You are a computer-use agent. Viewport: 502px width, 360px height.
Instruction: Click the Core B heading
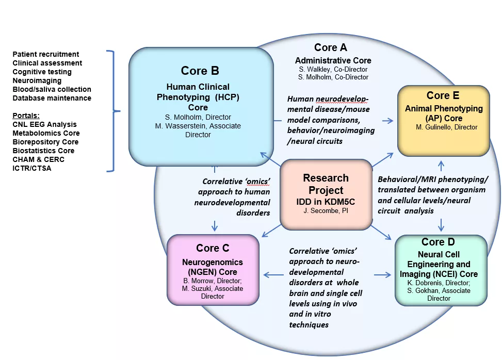(200, 70)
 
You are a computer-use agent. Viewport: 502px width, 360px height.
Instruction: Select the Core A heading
(330, 47)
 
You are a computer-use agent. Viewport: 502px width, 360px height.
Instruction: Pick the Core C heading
(213, 248)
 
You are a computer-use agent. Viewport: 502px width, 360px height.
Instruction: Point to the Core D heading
(440, 242)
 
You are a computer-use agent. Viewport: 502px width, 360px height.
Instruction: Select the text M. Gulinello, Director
(446, 127)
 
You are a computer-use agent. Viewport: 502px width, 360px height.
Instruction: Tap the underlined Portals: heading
(26, 116)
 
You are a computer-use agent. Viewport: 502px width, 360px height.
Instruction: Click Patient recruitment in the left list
(46, 54)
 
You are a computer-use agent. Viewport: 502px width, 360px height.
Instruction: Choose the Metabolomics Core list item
(46, 133)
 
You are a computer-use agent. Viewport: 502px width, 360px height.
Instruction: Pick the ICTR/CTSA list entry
(32, 168)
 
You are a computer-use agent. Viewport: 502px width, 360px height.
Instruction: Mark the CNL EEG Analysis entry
(44, 124)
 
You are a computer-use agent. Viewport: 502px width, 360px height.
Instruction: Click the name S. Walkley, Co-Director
(333, 69)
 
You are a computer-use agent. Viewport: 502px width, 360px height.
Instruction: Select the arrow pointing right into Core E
(387, 121)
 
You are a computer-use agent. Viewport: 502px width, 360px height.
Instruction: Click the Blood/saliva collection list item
(52, 89)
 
